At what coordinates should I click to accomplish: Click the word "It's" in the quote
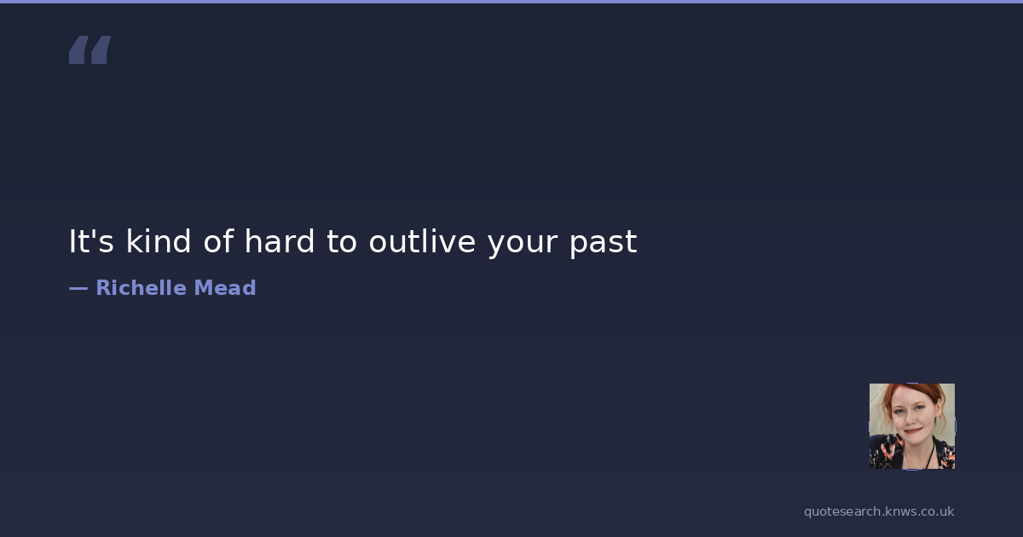tap(91, 241)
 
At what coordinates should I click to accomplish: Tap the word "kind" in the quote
tap(158, 240)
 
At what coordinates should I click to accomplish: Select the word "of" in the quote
tap(219, 240)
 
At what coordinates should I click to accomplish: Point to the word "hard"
tap(280, 240)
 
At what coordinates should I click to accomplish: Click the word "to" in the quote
tap(342, 242)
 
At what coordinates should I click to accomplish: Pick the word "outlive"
tap(423, 240)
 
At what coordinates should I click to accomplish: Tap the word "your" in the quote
tap(523, 245)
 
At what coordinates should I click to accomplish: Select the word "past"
tap(604, 244)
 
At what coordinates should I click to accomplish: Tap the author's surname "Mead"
tap(225, 288)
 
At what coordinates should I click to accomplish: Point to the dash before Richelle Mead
tap(78, 289)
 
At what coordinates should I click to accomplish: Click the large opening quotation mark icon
tap(90, 49)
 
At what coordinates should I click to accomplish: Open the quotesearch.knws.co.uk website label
tap(879, 511)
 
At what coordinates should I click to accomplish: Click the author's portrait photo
tap(912, 426)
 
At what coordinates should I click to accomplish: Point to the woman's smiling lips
tap(913, 430)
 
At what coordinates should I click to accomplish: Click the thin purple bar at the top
tap(511, 2)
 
